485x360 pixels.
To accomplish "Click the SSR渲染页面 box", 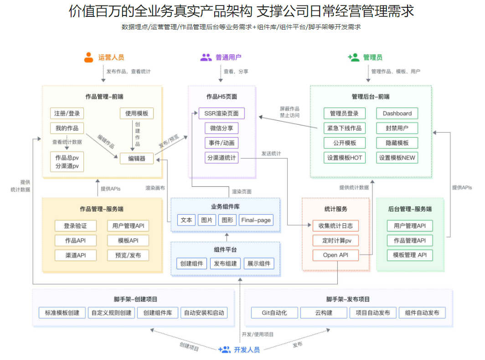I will click(x=222, y=113).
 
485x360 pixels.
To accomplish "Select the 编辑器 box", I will click(x=137, y=159).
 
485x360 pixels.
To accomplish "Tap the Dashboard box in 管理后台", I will click(x=397, y=113).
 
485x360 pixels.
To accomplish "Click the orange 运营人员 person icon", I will click(x=89, y=57).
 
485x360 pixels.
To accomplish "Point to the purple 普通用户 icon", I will click(x=206, y=57).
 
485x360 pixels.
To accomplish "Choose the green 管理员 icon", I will click(x=354, y=57).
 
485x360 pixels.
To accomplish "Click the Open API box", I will click(x=335, y=255).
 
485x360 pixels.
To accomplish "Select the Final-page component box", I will click(x=256, y=220).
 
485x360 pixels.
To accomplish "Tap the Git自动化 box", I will click(x=274, y=313).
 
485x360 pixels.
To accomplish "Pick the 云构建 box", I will click(x=324, y=313).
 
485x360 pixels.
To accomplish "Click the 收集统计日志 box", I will click(x=335, y=226).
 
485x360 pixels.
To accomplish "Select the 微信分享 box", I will click(x=222, y=128).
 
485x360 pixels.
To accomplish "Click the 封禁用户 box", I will click(x=397, y=128).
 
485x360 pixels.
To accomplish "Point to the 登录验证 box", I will click(x=76, y=226).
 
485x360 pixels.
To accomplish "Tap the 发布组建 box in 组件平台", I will click(x=225, y=263).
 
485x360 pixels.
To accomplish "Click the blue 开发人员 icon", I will click(x=224, y=350).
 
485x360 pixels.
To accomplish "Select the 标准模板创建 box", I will click(x=59, y=313).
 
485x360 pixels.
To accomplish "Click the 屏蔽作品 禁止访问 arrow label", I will click(x=289, y=112).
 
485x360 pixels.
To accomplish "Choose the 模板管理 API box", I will click(x=410, y=255).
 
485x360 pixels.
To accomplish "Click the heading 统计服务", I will click(x=335, y=209).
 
